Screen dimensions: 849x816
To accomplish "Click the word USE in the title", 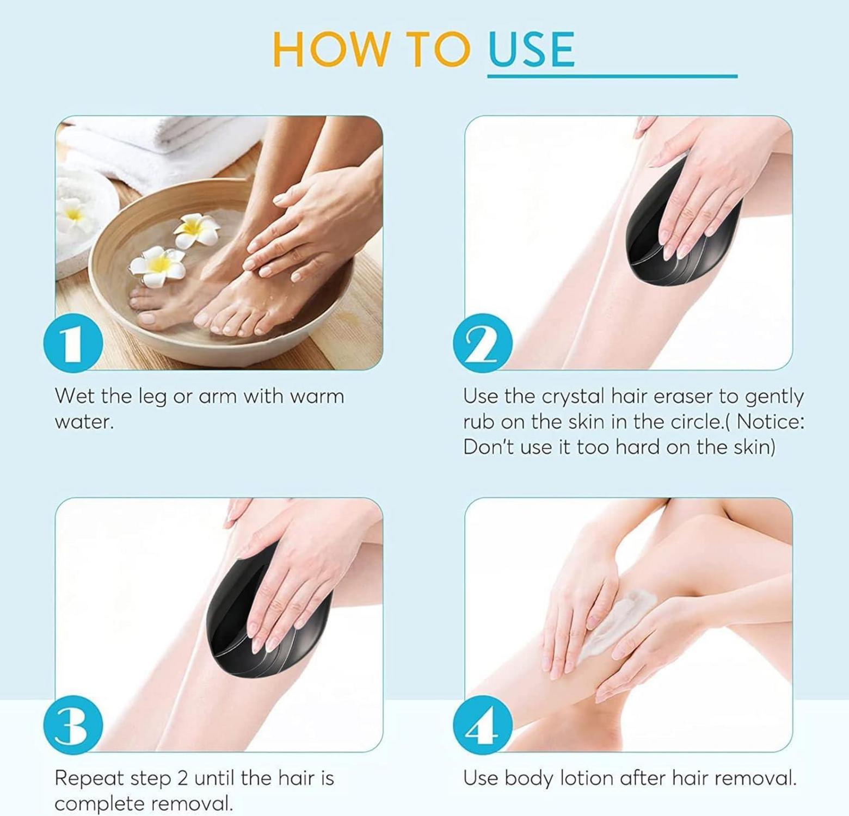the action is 531,50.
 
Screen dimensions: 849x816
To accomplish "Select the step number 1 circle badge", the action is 73,343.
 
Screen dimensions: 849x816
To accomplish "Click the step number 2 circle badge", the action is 483,343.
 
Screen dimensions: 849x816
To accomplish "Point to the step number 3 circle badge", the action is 73,725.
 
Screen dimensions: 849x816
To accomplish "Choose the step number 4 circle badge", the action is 483,725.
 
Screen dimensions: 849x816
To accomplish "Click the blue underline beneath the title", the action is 612,76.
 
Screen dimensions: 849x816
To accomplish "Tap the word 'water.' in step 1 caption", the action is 84,422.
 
